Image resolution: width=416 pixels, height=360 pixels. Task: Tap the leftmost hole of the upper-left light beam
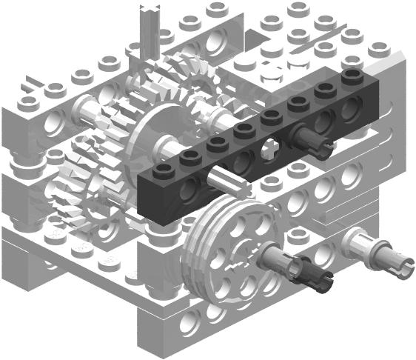coord(53,122)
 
